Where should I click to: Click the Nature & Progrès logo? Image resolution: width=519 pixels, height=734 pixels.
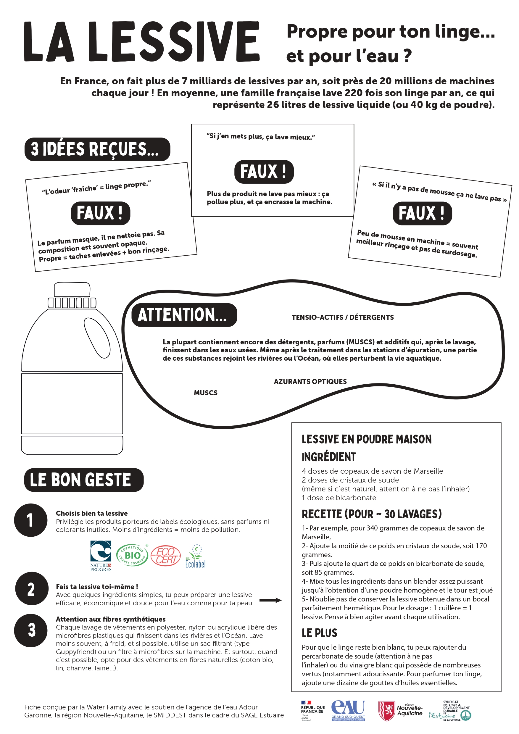coord(101,556)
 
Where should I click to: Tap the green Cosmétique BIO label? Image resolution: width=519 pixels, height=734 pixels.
coord(132,555)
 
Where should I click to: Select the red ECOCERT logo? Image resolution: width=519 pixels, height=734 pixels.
coord(165,556)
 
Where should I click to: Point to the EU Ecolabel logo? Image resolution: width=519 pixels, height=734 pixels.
coord(195,556)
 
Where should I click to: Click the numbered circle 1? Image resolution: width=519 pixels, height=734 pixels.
coord(31,520)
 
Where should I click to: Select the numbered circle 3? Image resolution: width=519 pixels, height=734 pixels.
coord(31,630)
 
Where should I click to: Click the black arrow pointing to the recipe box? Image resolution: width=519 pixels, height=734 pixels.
coord(270,600)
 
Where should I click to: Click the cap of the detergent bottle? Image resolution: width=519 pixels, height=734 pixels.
coord(72,290)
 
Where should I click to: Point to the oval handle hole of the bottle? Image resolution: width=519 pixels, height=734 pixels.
coord(97,338)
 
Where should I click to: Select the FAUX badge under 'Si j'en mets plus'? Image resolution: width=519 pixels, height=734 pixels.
coord(264,172)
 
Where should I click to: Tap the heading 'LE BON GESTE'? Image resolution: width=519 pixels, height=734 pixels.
coord(84,480)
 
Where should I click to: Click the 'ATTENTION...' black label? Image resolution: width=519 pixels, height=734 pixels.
coord(184,315)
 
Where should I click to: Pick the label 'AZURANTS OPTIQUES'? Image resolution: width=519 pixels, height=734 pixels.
coord(310,381)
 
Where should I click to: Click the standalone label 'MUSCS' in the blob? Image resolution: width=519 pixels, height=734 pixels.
coord(206,393)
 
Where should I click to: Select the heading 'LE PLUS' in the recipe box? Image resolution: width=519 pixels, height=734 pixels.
coord(319,633)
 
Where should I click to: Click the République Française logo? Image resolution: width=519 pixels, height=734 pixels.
coord(312,711)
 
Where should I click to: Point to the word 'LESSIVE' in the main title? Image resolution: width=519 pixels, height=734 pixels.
coord(174,41)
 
